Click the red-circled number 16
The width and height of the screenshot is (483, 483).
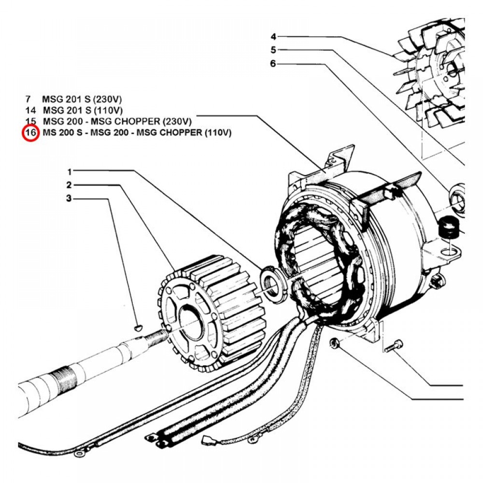(x=30, y=133)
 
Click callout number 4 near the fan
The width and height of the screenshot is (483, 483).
(x=273, y=37)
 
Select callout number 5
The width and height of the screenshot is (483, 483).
(x=273, y=50)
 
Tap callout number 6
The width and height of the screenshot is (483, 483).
(x=273, y=63)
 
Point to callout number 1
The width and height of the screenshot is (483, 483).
(x=70, y=171)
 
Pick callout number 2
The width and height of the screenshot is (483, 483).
(x=70, y=185)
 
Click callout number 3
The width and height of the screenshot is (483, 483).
(x=70, y=198)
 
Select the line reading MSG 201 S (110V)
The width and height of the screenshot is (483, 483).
(x=78, y=110)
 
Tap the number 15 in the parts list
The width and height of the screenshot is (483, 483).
(x=30, y=121)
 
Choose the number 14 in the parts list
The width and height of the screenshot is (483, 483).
(x=30, y=110)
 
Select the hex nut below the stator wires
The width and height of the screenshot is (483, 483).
(x=333, y=343)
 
